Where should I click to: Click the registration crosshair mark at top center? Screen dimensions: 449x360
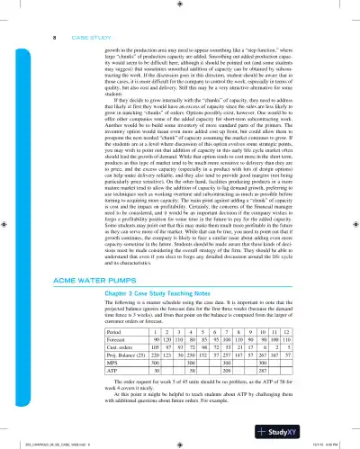click(180, 5)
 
